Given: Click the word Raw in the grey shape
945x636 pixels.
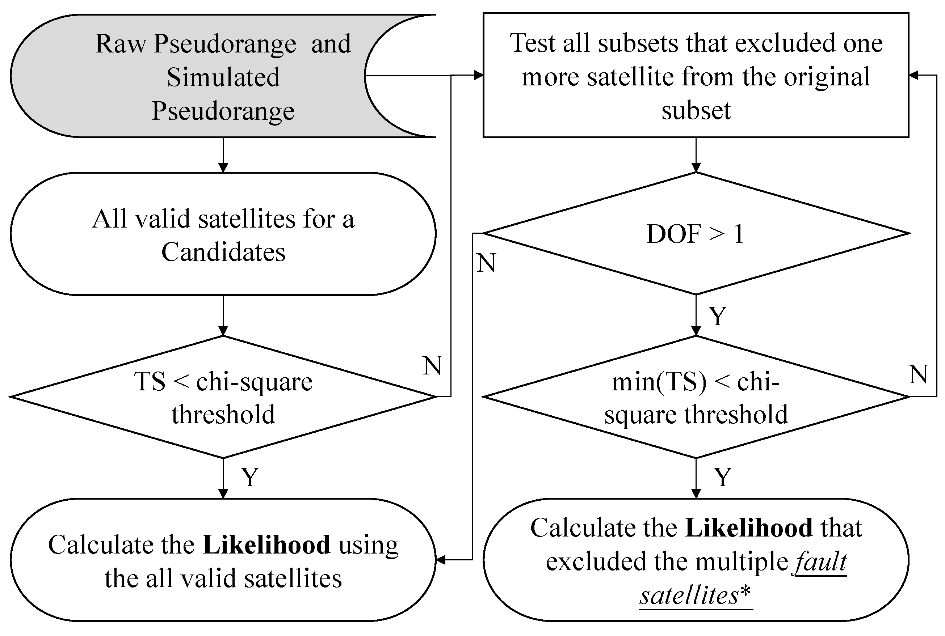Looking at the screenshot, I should click(x=120, y=43).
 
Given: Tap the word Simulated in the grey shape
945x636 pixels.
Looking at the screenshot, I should click(x=223, y=77).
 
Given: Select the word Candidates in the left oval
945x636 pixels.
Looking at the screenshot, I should click(x=223, y=252).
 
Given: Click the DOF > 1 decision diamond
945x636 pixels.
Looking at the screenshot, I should click(x=696, y=234).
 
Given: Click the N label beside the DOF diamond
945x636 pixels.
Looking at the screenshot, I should click(x=486, y=263).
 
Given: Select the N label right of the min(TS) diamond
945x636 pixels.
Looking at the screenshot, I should click(x=918, y=374).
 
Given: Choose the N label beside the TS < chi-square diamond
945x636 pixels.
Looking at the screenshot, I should click(x=432, y=365).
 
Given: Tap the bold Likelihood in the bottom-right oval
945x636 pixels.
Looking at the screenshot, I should click(x=748, y=528).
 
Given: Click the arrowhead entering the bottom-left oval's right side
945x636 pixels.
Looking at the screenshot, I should click(x=440, y=560).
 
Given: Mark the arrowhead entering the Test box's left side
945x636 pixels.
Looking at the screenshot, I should click(x=479, y=75).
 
